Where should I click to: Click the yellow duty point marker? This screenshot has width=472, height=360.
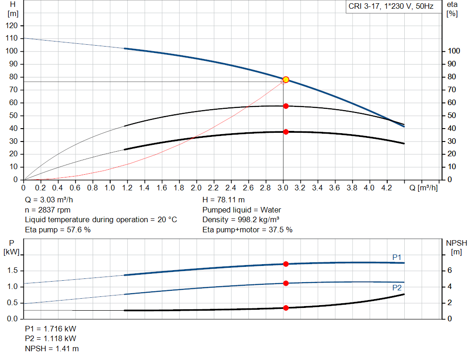click(x=286, y=80)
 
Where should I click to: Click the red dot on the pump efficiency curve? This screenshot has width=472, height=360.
click(x=286, y=106)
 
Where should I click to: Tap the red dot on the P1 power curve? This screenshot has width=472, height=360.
click(x=286, y=264)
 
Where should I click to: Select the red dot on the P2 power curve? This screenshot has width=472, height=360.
click(x=286, y=283)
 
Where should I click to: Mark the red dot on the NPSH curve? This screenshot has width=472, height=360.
click(x=286, y=308)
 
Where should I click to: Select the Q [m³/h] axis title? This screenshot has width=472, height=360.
click(x=423, y=188)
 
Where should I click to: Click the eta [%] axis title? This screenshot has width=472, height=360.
click(x=452, y=9)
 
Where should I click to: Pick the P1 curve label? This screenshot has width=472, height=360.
click(x=397, y=257)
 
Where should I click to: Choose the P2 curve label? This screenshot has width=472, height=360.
click(x=397, y=288)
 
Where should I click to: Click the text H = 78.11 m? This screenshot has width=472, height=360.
click(x=224, y=200)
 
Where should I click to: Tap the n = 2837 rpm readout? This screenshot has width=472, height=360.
click(x=47, y=210)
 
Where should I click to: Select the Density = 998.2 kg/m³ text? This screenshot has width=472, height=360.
click(x=241, y=220)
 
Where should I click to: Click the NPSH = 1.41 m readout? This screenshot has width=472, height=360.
click(x=52, y=348)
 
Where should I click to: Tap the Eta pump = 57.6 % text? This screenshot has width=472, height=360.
click(x=58, y=230)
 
